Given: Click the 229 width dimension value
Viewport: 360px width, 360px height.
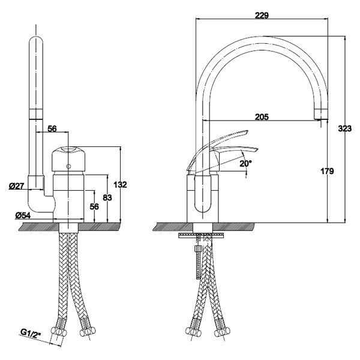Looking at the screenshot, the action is pos(262,16).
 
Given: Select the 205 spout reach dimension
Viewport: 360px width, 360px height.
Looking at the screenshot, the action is pos(262,117).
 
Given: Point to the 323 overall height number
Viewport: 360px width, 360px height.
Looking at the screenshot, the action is pos(344,128).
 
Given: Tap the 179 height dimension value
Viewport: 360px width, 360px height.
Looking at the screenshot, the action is pos(327,171).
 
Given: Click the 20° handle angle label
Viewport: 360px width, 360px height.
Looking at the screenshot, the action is pos(245,163).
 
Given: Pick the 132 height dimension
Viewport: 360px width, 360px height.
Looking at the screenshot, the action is pos(121,184).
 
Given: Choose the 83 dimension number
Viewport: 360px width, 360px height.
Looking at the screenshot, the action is pos(107,197).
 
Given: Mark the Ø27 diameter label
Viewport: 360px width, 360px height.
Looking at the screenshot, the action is pos(17,186).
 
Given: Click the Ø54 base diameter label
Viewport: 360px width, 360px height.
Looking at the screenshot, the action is pos(23,215).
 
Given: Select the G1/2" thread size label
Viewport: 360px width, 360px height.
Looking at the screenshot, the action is pos(31,333).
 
